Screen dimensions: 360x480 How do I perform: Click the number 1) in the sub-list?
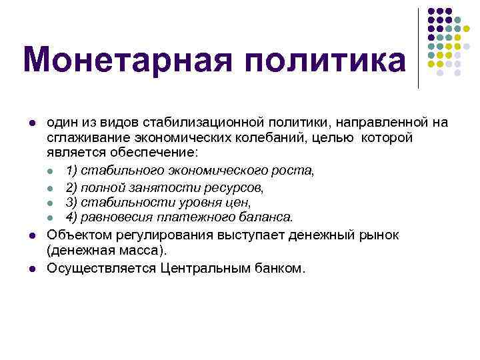click(72, 170)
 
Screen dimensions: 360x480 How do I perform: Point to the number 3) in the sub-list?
click(72, 202)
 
